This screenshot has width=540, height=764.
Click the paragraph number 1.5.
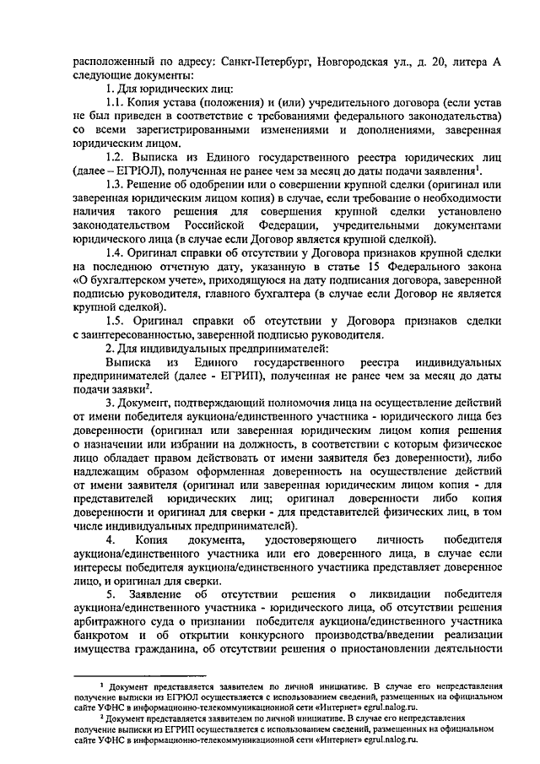(x=115, y=320)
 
